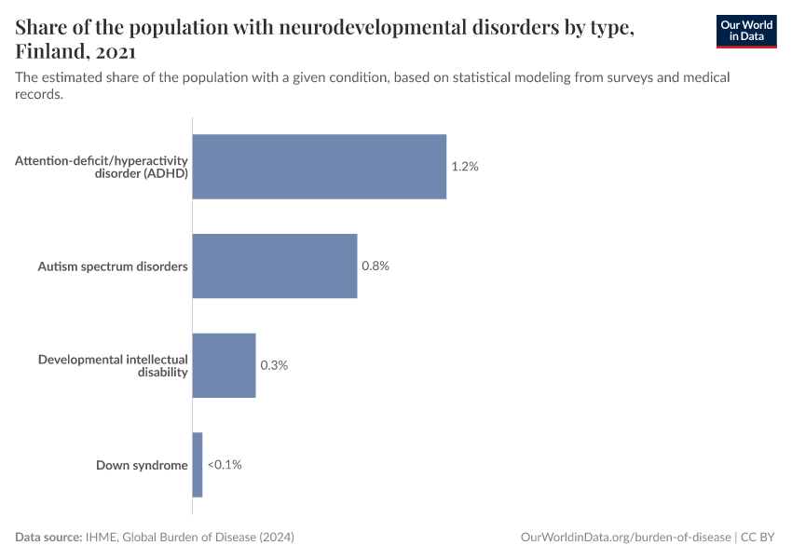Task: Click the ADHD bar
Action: tap(319, 167)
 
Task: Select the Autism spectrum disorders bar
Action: tap(275, 266)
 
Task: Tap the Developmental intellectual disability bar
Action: tap(224, 365)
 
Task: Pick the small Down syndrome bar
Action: tap(198, 465)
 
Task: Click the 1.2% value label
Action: tap(464, 167)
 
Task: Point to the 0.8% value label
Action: tap(375, 266)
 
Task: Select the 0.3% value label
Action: tap(274, 365)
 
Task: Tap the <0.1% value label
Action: tap(225, 465)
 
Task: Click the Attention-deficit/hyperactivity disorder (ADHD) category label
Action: tap(102, 167)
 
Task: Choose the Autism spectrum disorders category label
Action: tap(113, 266)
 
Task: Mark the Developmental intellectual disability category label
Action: tap(113, 365)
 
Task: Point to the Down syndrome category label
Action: tap(142, 465)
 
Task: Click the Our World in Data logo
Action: tap(745, 31)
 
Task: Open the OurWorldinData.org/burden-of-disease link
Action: tap(624, 538)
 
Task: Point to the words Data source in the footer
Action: tap(48, 538)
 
